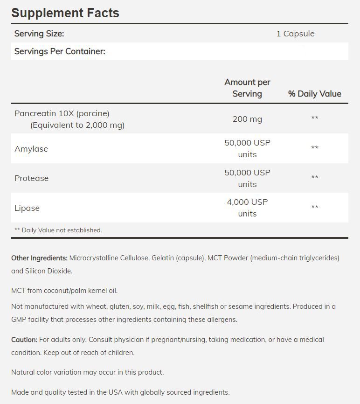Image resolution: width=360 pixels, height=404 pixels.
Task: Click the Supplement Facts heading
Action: click(65, 13)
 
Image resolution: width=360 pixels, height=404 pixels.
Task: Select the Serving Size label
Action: click(39, 34)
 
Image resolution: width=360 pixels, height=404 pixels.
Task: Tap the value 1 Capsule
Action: click(295, 34)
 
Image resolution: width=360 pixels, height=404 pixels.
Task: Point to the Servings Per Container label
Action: click(60, 51)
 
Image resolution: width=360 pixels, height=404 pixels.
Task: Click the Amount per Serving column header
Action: click(247, 88)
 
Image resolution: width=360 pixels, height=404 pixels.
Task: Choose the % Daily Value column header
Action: click(314, 94)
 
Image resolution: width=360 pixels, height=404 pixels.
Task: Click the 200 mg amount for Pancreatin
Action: click(247, 119)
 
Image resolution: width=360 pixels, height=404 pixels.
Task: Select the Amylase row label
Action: click(31, 149)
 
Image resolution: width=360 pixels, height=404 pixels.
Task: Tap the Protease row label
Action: click(31, 178)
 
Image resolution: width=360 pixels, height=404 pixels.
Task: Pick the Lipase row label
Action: click(27, 208)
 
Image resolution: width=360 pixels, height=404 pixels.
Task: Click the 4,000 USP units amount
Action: click(247, 208)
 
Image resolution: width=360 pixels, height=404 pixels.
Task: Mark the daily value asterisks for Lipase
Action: click(315, 207)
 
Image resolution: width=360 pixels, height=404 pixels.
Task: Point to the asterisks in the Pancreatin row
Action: click(315, 118)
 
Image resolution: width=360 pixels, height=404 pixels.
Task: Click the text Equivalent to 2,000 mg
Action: click(77, 125)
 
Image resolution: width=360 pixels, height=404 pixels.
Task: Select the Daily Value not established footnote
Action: click(58, 230)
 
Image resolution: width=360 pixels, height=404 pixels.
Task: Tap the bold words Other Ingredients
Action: click(40, 258)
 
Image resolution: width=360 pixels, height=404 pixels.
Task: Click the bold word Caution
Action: click(24, 340)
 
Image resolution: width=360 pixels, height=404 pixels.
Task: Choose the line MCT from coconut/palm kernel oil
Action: click(64, 291)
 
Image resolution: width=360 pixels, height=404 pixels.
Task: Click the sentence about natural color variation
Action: click(87, 372)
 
